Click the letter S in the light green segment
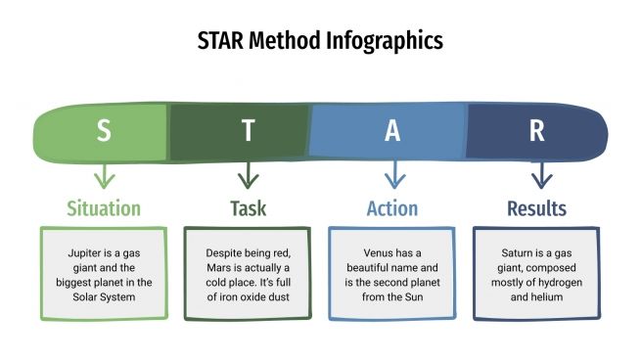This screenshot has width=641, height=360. pyautogui.click(x=104, y=131)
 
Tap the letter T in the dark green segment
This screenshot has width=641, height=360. pyautogui.click(x=249, y=131)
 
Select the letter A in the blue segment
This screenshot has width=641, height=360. pyautogui.click(x=392, y=131)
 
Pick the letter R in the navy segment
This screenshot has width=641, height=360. pyautogui.click(x=537, y=131)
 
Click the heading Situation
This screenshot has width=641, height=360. pyautogui.click(x=104, y=208)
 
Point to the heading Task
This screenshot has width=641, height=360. pyautogui.click(x=249, y=208)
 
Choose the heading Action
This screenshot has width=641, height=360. pyautogui.click(x=392, y=208)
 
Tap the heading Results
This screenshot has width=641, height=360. pyautogui.click(x=537, y=208)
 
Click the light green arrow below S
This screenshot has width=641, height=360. pyautogui.click(x=104, y=176)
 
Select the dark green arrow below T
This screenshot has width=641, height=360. pyautogui.click(x=249, y=176)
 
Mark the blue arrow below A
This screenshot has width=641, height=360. pyautogui.click(x=393, y=176)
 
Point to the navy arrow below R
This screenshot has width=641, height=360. pyautogui.click(x=538, y=176)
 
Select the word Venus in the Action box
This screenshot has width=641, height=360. pyautogui.click(x=368, y=252)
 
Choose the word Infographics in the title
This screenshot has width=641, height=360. pyautogui.click(x=387, y=41)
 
